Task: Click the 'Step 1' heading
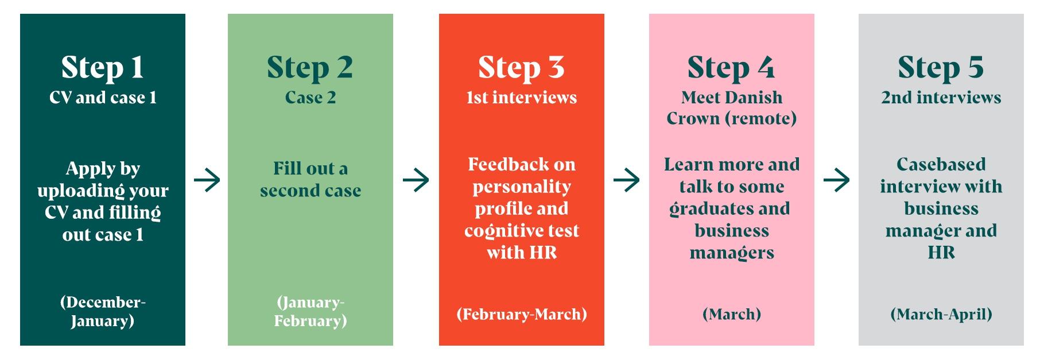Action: [102, 67]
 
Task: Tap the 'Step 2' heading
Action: [310, 67]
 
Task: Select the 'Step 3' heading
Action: [521, 67]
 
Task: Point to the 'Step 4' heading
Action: [731, 67]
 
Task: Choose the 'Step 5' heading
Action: [941, 67]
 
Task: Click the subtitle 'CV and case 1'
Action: [103, 98]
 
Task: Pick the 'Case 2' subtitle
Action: [311, 98]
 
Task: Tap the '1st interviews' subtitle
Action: [522, 98]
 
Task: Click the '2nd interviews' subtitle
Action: [941, 98]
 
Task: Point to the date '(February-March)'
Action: [522, 314]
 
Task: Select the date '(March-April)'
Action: [941, 314]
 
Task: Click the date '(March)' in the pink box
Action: [732, 314]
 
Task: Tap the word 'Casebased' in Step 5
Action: [941, 164]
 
